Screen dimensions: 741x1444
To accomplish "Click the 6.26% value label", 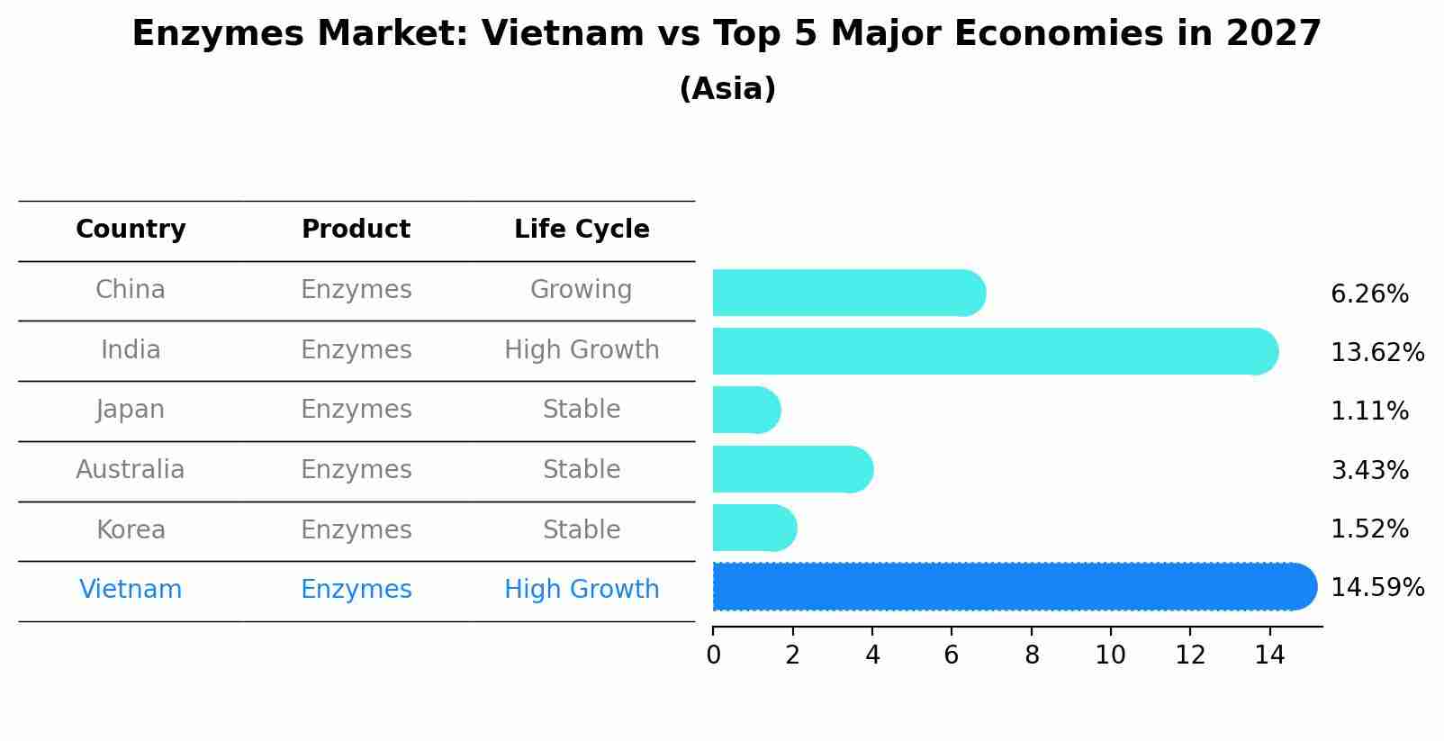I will point(1369,294).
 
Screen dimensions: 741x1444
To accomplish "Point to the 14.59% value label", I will point(1377,588).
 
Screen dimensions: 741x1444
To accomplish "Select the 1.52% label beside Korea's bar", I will point(1369,529).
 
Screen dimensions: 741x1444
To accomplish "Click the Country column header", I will point(131,230).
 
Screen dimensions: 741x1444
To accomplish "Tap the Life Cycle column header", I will point(582,230).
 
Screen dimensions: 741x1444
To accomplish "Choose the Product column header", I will point(356,230).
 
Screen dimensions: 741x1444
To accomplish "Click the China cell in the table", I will point(131,290).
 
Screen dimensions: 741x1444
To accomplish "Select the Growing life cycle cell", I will point(581,290).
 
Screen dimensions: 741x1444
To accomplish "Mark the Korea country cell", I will point(131,529).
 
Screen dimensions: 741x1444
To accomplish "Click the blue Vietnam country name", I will point(131,590).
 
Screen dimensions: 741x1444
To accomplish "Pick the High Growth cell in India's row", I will point(582,350).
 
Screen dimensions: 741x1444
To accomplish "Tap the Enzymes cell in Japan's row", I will point(356,410).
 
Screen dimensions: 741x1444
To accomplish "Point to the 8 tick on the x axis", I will point(1032,655).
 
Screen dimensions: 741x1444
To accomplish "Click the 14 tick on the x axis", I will point(1269,655).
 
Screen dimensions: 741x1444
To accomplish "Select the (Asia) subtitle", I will point(727,89).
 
